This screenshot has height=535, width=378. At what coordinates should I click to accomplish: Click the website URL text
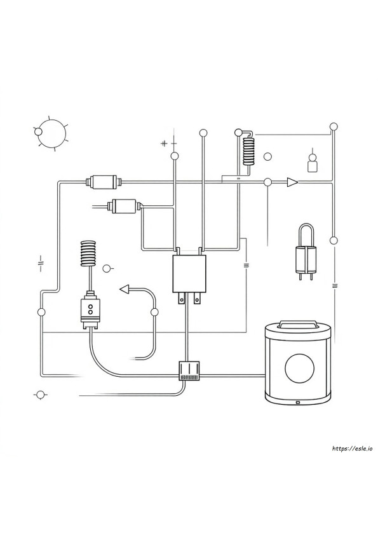[x=353, y=449]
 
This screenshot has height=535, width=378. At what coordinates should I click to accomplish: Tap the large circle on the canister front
[x=299, y=368]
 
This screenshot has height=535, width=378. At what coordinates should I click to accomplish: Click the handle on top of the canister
[x=297, y=324]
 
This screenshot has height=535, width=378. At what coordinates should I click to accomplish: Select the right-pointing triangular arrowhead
[x=292, y=182]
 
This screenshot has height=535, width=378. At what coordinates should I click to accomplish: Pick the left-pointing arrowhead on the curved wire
[x=125, y=289]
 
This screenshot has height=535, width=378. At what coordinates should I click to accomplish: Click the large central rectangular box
[x=189, y=274]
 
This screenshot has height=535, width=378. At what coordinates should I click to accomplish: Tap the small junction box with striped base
[x=189, y=370]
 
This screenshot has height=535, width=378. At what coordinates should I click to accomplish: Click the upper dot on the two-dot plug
[x=90, y=306]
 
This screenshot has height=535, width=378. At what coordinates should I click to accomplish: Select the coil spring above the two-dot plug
[x=89, y=253]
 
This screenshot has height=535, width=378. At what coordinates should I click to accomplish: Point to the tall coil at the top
[x=248, y=151]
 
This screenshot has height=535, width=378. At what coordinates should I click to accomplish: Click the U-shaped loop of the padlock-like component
[x=306, y=234]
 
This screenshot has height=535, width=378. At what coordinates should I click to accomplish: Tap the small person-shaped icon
[x=312, y=163]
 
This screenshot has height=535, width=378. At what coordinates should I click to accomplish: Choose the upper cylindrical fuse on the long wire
[x=103, y=182]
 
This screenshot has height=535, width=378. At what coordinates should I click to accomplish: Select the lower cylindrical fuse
[x=124, y=206]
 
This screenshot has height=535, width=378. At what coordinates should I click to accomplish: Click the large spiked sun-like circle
[x=51, y=132]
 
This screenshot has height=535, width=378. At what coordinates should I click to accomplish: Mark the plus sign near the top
[x=164, y=144]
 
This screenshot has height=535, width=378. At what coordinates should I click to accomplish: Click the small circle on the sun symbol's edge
[x=38, y=132]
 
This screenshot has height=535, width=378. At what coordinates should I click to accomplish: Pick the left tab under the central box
[x=182, y=298]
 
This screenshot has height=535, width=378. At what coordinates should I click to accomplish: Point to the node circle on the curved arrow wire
[x=154, y=312]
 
